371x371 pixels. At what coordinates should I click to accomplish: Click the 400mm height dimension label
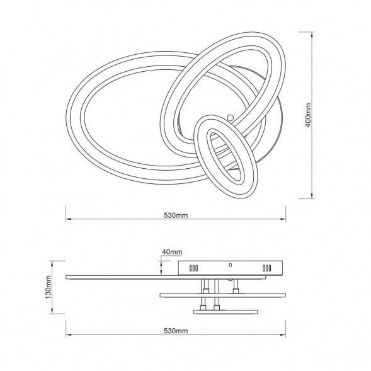308,115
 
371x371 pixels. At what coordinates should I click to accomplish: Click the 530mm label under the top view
176,215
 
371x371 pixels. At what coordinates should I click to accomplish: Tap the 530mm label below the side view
176,331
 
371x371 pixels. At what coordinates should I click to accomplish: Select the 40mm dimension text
172,252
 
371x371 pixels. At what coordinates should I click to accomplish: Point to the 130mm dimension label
49,287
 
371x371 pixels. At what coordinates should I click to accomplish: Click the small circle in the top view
230,117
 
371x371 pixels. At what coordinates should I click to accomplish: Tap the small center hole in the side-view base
230,265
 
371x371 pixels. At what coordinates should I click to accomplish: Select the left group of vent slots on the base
193,268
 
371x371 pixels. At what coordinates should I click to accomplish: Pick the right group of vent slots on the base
266,268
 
